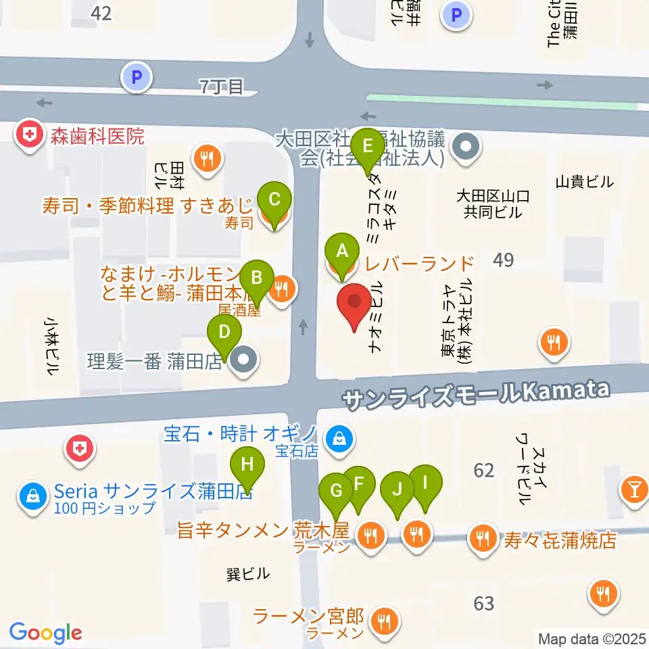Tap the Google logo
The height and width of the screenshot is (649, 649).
tap(45, 633)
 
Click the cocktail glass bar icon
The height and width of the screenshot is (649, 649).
tap(634, 487)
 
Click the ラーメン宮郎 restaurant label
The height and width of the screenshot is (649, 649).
tap(308, 617)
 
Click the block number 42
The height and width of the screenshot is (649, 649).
tap(103, 13)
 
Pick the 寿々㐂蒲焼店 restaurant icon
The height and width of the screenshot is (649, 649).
tap(482, 539)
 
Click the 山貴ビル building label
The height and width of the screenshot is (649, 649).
tap(584, 181)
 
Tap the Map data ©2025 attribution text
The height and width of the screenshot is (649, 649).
tap(591, 638)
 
